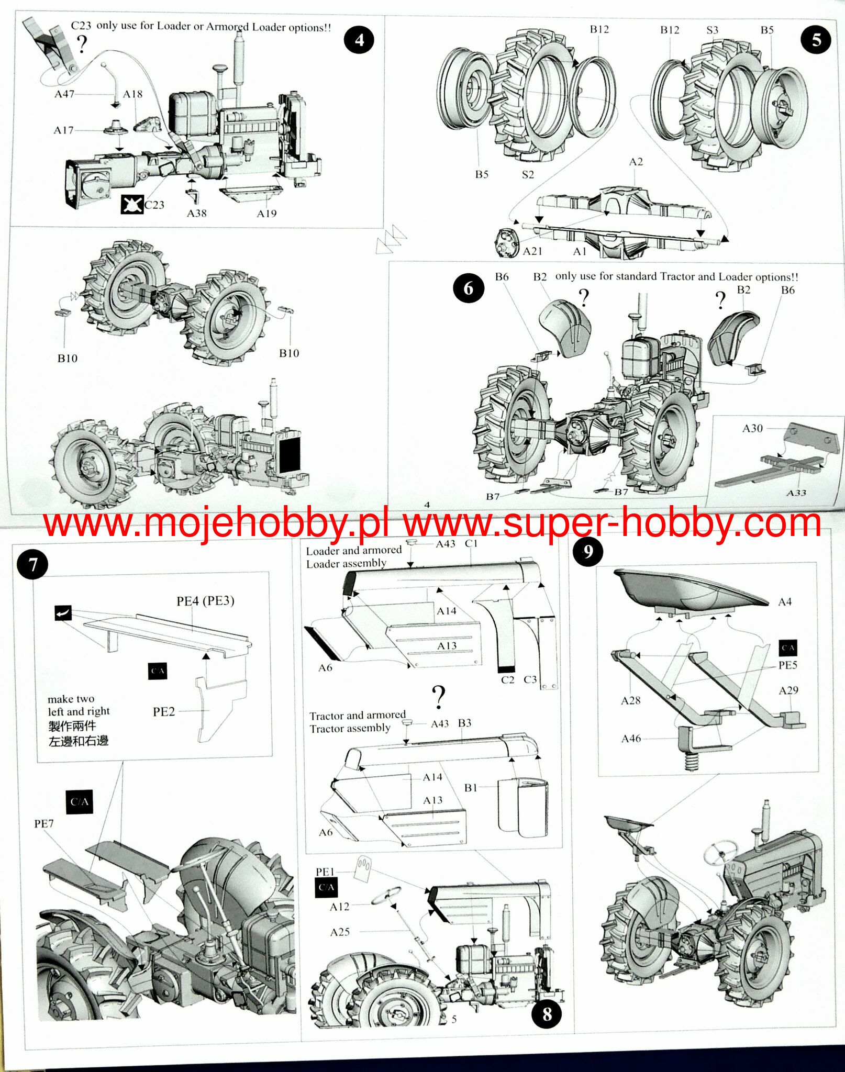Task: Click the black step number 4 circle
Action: [359, 40]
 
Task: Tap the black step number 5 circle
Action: [816, 40]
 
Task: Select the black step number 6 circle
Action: [468, 288]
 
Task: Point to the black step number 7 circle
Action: [32, 565]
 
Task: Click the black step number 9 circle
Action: [587, 552]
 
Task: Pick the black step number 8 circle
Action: [547, 1014]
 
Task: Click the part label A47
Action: [64, 94]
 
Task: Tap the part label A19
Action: [266, 214]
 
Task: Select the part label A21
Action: [532, 251]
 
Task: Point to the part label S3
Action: [712, 30]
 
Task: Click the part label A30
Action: [752, 428]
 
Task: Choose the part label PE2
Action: [163, 711]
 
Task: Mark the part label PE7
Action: [44, 823]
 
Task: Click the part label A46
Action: [631, 739]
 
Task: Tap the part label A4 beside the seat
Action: [784, 602]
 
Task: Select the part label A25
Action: [340, 932]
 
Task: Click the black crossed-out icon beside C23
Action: [132, 204]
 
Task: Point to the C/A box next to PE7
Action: [80, 802]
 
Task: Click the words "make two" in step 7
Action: [71, 699]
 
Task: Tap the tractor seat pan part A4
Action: [686, 589]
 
